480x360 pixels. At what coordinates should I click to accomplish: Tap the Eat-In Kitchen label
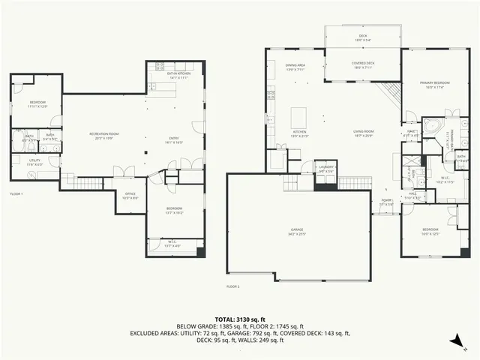point(180,76)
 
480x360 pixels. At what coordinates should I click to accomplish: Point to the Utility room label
point(35,163)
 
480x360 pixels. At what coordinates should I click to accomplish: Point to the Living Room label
point(364,134)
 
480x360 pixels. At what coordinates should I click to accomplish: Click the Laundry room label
point(325,169)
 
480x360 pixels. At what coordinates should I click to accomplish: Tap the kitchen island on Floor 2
point(300,118)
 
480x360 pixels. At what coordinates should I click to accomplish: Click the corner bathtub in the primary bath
point(431,125)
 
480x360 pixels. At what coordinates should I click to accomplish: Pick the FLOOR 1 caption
point(16,194)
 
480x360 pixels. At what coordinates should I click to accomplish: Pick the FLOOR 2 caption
point(233,286)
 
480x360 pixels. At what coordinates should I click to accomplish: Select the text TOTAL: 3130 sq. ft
point(239,319)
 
